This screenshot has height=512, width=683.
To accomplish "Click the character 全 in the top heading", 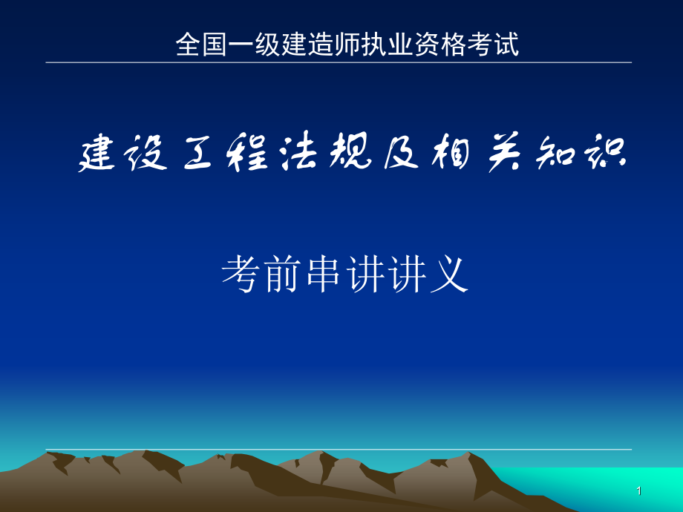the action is pos(189,45).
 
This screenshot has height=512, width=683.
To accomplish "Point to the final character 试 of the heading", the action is pos(506,45).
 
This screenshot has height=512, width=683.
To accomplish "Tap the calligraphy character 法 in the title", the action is pos(298,151).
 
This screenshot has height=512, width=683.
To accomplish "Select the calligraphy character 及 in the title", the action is pos(401,152).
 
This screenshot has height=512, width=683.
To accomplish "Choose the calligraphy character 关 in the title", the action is pos(504,152).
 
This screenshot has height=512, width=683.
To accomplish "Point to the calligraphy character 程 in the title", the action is pos(247,151).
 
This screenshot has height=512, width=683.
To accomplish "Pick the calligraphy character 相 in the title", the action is pos(451,152).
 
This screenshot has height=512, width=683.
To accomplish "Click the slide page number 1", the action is pos(639,491).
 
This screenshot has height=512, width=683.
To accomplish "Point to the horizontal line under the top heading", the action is pos(339,62).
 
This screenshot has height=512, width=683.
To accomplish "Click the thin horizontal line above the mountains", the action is pos(339,449).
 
